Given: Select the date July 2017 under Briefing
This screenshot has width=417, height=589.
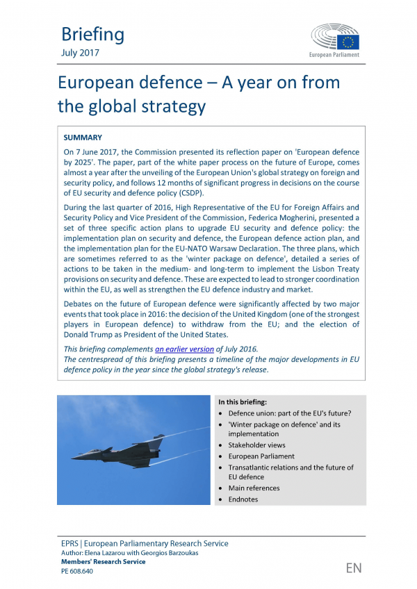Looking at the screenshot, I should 80,53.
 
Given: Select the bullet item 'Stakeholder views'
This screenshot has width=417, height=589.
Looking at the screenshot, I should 256,445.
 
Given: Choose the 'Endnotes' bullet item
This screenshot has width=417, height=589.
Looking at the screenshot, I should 243,499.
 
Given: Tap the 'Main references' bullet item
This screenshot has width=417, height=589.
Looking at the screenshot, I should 254,488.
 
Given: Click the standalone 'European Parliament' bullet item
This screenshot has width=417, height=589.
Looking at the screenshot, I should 261,456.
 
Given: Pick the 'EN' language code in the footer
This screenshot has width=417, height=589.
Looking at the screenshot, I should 354,568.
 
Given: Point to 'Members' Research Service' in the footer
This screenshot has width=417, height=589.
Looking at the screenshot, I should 104,562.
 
